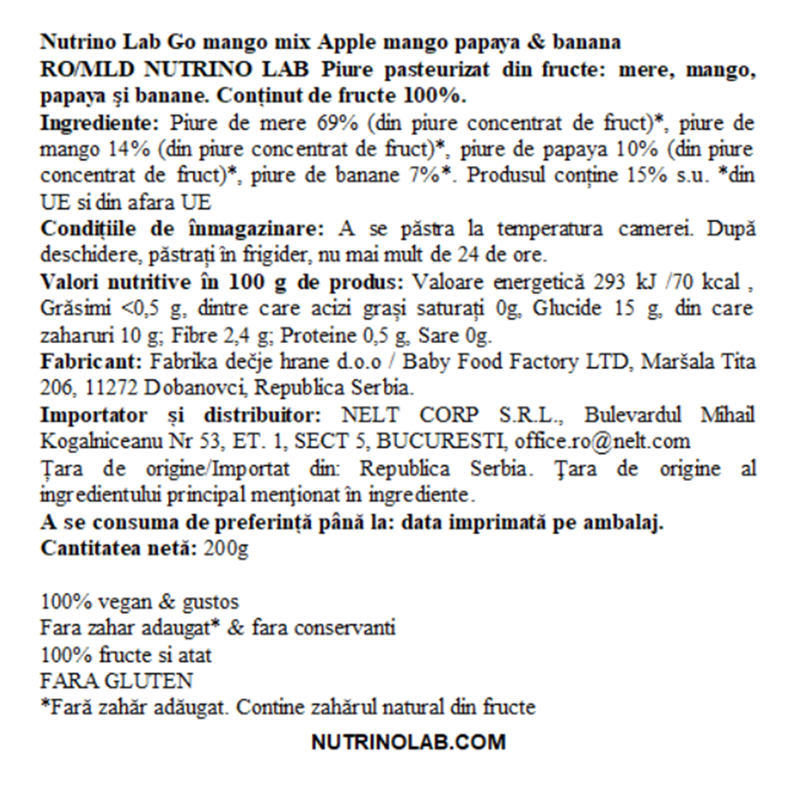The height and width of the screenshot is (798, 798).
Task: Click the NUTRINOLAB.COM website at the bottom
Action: pos(408,742)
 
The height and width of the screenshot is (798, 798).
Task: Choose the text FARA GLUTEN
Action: pos(117,681)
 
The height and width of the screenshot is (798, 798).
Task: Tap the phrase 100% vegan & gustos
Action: pos(139,601)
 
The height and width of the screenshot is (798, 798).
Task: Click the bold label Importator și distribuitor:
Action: pos(180,416)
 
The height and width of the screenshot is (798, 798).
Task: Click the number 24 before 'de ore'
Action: pos(460,255)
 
